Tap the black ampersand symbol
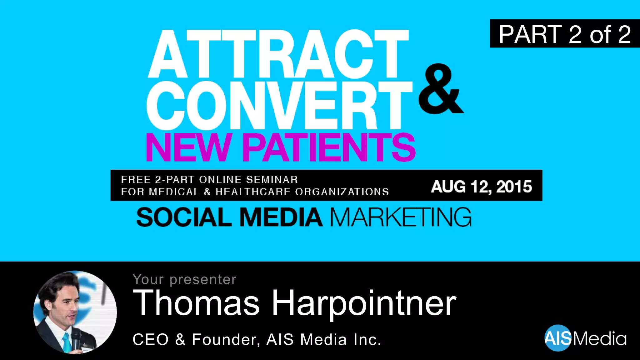[440, 89]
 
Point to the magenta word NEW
[188, 147]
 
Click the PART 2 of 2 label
[565, 34]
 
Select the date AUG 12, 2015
[481, 187]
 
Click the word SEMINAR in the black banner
[272, 180]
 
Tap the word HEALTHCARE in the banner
[253, 192]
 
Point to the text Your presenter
[184, 279]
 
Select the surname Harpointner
[364, 303]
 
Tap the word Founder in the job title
[225, 340]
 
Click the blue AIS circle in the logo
[558, 338]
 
